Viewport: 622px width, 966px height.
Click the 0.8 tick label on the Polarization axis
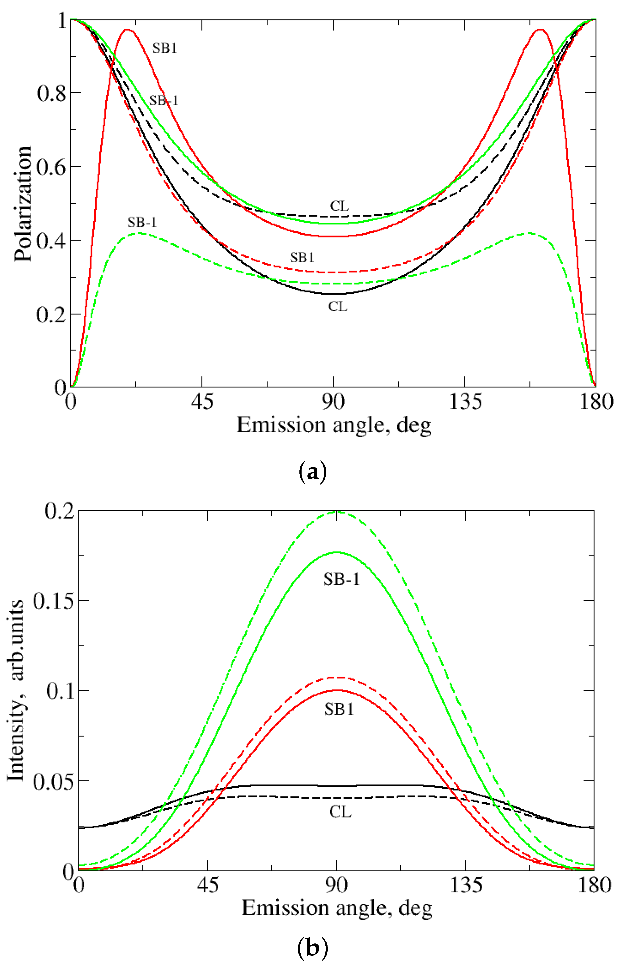click(x=51, y=93)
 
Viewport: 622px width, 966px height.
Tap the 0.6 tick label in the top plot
click(x=51, y=167)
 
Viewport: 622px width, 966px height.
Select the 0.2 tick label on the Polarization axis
click(x=51, y=314)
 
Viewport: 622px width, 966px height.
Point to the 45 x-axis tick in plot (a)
click(x=202, y=402)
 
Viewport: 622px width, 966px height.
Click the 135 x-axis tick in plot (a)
click(x=465, y=402)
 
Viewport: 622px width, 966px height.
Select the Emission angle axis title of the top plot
click(x=334, y=425)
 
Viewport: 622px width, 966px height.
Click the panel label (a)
click(x=312, y=471)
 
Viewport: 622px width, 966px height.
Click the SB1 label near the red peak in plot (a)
click(x=165, y=48)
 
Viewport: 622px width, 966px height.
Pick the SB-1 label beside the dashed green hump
click(x=142, y=222)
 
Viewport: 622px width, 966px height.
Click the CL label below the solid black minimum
click(x=338, y=307)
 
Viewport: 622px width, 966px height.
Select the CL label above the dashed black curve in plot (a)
click(x=339, y=206)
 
